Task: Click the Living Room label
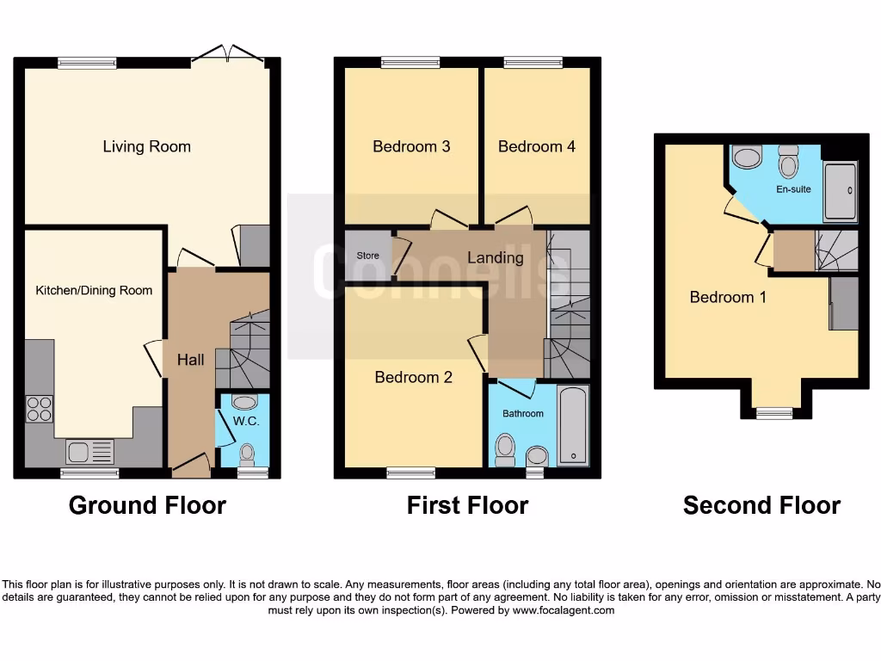tap(146, 146)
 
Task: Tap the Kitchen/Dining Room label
tap(94, 291)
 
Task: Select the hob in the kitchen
tap(39, 408)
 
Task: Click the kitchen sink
tap(89, 450)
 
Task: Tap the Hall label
tap(191, 360)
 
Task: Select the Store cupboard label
tap(367, 256)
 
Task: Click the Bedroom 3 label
tap(411, 146)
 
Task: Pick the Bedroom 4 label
tap(537, 146)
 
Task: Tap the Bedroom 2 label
tap(413, 377)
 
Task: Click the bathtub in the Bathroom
tap(573, 426)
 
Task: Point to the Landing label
tap(496, 257)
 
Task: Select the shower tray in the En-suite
tap(841, 190)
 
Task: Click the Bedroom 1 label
tap(728, 297)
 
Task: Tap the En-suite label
tap(793, 189)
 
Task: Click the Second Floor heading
tap(761, 505)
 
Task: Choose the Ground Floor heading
tap(147, 505)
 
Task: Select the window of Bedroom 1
tap(774, 413)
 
